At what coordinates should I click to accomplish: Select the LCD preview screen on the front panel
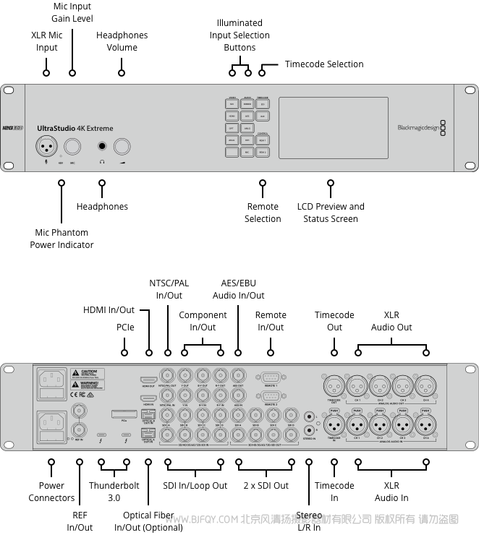(333, 127)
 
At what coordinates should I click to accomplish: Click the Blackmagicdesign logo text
(418, 128)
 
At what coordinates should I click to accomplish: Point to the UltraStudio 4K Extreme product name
(75, 129)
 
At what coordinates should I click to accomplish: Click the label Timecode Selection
(324, 64)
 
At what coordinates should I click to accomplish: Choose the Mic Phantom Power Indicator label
(62, 239)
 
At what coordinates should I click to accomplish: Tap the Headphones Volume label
(122, 41)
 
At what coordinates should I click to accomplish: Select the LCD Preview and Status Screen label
(331, 213)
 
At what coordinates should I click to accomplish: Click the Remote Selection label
(263, 213)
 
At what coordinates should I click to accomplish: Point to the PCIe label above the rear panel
(125, 328)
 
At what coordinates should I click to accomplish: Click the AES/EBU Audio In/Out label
(238, 289)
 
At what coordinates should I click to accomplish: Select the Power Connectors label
(51, 492)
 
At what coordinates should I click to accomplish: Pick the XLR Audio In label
(391, 492)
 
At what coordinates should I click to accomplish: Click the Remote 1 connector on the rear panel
(271, 377)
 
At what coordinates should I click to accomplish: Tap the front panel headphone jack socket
(102, 146)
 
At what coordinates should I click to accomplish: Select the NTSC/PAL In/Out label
(169, 289)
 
